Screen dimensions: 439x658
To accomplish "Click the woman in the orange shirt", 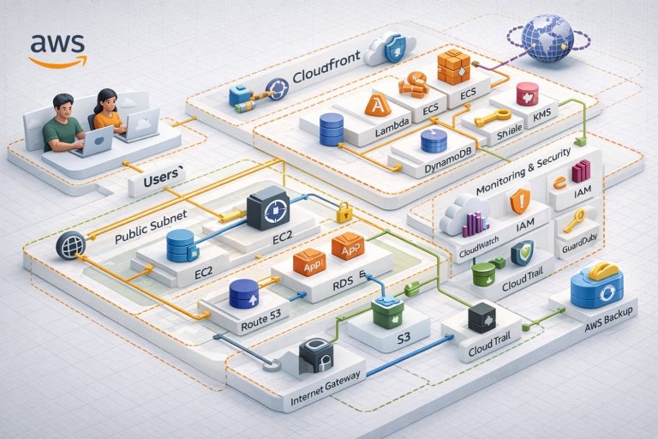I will click(x=108, y=111).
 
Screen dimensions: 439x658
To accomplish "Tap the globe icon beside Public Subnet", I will click(x=70, y=246).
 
